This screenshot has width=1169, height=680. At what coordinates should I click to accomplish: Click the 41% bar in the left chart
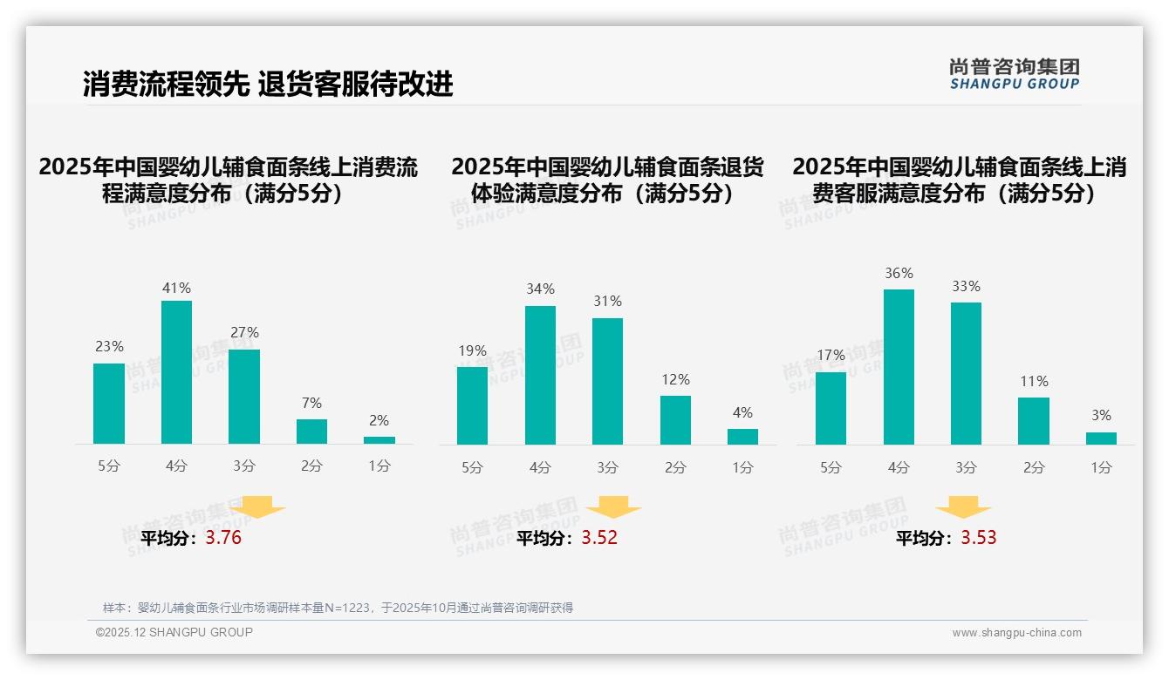(177, 372)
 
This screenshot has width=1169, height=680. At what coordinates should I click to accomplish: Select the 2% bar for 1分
(379, 440)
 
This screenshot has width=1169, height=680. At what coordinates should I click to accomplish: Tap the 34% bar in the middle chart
(540, 375)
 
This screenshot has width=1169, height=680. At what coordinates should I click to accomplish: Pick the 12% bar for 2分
(675, 420)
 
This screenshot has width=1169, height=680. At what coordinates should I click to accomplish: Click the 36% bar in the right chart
(899, 367)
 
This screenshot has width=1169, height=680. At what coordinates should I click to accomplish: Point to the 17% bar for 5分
(831, 408)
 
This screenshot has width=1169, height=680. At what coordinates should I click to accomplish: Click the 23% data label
(109, 346)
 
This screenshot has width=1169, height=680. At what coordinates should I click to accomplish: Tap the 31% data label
(607, 301)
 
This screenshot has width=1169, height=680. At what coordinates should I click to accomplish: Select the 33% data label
(966, 286)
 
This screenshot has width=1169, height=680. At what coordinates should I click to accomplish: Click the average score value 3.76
(223, 538)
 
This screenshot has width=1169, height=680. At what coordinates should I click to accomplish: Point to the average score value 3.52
(599, 538)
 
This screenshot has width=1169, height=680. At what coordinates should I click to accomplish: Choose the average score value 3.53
(979, 538)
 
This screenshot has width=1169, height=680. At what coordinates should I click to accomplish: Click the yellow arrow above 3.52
(613, 507)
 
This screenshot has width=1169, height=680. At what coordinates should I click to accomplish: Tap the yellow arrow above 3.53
(963, 507)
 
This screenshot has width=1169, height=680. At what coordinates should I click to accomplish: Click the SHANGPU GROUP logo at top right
(1014, 74)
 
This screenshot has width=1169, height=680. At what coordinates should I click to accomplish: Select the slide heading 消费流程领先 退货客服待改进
(268, 84)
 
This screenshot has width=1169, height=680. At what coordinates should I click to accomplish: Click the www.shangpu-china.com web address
(1016, 633)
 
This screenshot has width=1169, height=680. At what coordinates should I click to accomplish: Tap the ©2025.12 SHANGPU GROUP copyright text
(174, 632)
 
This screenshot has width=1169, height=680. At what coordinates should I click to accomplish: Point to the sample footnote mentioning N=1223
(338, 608)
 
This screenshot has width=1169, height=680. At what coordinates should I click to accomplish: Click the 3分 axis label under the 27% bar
(244, 466)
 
